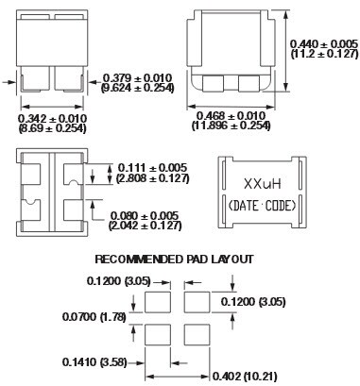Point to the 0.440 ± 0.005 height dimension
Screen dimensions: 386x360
tap(324, 43)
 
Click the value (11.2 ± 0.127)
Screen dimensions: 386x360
tap(324, 55)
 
